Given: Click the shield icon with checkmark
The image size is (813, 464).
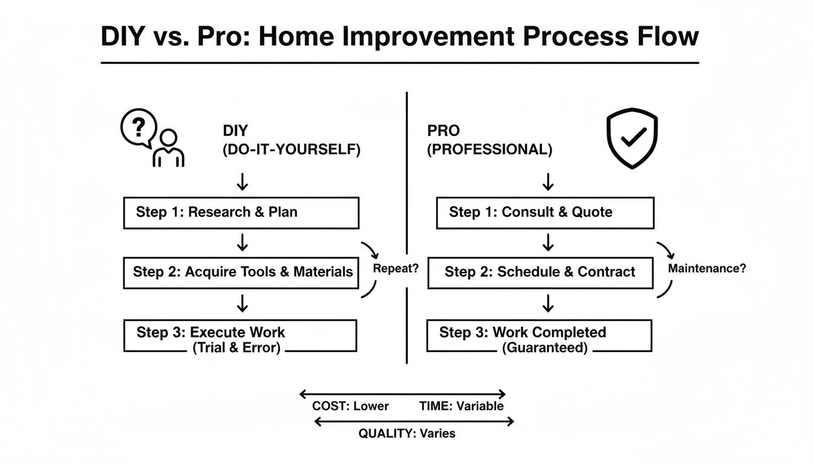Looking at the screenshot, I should click(632, 138).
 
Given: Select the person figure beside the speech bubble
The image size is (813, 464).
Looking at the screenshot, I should click(168, 148).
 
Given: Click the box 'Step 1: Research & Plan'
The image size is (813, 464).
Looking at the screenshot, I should click(241, 212).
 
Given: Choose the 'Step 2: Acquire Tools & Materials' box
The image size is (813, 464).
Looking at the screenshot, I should click(242, 272).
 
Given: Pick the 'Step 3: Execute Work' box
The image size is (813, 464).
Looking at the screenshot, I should click(240, 336).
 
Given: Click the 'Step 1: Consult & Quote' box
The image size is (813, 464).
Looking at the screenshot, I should click(544, 212).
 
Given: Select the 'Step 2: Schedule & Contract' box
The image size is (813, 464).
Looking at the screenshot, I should click(540, 272).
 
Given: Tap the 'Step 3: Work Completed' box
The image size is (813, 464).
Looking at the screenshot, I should click(539, 336).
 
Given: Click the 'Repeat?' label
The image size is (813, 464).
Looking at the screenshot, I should click(396, 269).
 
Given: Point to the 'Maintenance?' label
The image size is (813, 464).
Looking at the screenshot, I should click(707, 268).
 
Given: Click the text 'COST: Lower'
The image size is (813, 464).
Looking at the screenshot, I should click(350, 406).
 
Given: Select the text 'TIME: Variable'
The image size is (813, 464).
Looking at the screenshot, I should click(461, 406).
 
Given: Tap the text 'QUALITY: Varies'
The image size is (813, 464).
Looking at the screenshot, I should click(406, 433).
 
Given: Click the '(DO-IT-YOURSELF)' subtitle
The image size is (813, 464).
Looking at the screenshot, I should click(292, 150).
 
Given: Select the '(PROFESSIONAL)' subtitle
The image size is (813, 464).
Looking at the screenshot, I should click(489, 150).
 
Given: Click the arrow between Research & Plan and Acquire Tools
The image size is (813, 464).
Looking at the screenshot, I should click(242, 242).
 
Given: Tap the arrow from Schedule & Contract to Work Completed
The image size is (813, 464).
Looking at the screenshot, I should click(547, 303).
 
